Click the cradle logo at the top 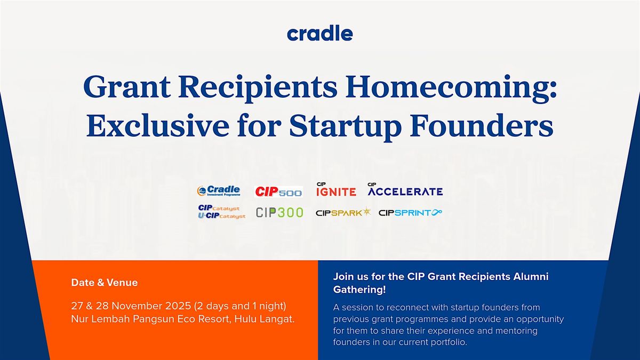point(319,34)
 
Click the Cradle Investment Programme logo point(219,191)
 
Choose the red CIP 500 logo point(278,191)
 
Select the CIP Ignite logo point(335,189)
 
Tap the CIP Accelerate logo point(405,189)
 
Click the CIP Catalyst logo point(219,208)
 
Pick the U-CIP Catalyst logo point(221,216)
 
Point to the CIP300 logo point(279,212)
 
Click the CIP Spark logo point(342,213)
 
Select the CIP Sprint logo point(410,213)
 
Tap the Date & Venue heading point(104,283)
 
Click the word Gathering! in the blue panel point(359,290)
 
